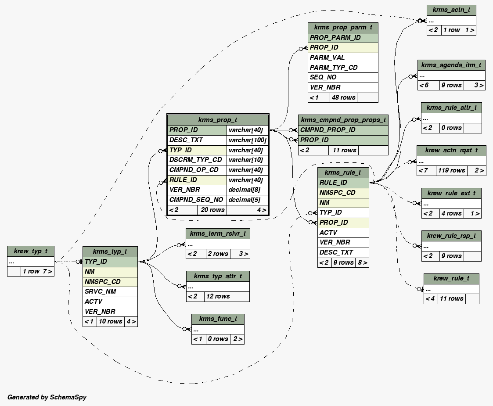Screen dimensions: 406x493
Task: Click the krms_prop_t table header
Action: click(x=217, y=120)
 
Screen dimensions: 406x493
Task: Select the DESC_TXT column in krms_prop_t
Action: click(x=197, y=140)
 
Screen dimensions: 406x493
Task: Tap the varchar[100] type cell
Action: click(x=248, y=140)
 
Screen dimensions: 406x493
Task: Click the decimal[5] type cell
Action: click(x=248, y=200)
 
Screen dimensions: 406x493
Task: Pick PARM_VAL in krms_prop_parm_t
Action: click(x=343, y=57)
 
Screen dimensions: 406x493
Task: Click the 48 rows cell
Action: click(x=344, y=97)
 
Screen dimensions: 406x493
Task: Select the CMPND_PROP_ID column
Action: click(x=343, y=130)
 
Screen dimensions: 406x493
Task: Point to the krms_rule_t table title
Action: click(x=343, y=172)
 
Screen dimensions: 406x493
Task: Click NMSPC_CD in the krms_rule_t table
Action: click(x=343, y=193)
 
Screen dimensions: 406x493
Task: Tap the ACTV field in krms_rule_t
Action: click(x=343, y=233)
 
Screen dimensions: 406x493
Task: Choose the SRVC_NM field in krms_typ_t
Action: click(x=110, y=291)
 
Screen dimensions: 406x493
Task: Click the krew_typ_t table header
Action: click(x=31, y=251)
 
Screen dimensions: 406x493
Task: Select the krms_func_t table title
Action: click(x=218, y=319)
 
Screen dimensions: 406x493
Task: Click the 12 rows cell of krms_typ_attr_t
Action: click(x=218, y=296)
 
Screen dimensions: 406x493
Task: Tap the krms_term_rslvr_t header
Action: click(x=218, y=233)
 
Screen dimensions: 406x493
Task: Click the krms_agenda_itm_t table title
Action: click(x=451, y=65)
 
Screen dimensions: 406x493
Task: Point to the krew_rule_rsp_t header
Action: click(x=451, y=236)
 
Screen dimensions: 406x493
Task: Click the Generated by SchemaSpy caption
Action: click(x=47, y=397)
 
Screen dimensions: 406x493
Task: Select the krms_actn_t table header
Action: click(x=451, y=10)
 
